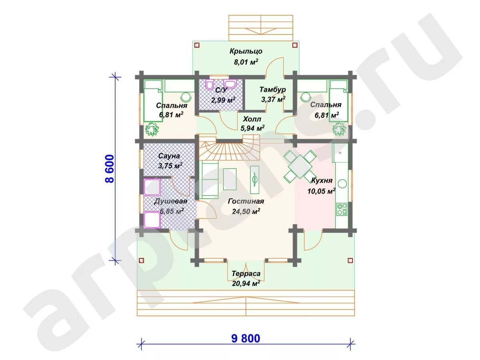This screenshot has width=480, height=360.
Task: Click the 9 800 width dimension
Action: click(246, 338)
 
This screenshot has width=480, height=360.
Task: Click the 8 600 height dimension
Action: click(110, 168)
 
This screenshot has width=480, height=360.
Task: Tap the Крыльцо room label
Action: click(246, 51)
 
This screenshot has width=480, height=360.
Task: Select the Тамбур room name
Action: click(272, 90)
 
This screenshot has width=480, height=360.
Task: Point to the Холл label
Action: click(252, 119)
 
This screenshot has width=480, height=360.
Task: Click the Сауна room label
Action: click(169, 156)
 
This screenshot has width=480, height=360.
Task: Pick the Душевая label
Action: click(170, 201)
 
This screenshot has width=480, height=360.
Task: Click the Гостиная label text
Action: click(246, 201)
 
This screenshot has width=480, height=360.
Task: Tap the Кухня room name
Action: click(322, 180)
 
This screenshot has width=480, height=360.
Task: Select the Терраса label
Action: click(246, 274)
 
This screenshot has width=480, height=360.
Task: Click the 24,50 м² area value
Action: click(246, 211)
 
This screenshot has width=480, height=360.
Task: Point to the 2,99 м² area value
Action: click(223, 100)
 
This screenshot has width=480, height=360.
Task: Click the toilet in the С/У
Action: click(210, 84)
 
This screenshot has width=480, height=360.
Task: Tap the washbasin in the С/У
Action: click(230, 84)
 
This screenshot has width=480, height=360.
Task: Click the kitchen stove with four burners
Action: click(342, 209)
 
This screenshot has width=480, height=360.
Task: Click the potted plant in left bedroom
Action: click(152, 129)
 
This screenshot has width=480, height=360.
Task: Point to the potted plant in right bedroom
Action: click(339, 129)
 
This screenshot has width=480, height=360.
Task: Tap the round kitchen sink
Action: click(342, 184)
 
